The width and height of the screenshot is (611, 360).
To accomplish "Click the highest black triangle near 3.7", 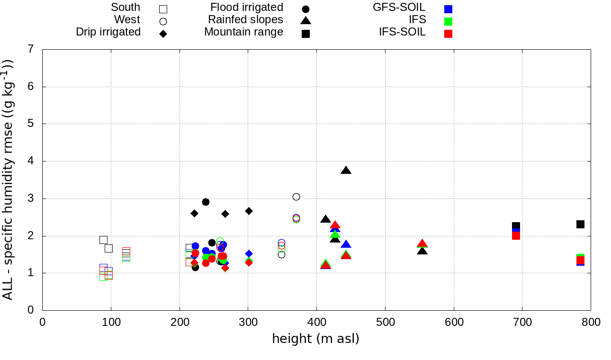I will point(346,171).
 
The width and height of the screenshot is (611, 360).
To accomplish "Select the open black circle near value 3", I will point(296,197).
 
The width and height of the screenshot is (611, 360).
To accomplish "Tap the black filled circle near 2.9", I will point(206,202).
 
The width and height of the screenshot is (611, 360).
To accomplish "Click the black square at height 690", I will point(516,226).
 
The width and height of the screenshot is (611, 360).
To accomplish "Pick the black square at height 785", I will point(580,224).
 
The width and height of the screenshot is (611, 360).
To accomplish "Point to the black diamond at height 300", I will point(249,211).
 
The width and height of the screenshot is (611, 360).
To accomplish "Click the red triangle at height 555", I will point(422,244).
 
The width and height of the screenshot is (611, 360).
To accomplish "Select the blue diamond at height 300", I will point(249,254).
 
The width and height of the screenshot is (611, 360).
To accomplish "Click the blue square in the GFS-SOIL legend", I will point(448,9).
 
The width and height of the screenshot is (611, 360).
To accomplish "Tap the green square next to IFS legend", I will point(448,21).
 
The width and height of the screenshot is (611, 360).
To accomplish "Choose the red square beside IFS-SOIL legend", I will point(448,34).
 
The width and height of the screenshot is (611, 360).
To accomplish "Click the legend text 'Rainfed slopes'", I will point(245,20).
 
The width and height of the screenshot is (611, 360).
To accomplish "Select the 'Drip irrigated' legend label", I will point(108,32).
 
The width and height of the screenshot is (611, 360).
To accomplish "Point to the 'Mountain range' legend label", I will point(243,32).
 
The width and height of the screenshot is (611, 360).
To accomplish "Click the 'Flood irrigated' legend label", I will point(247,8).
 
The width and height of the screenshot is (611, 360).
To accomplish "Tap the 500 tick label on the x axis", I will point(385,323).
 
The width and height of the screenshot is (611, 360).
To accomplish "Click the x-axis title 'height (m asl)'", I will point(315,339).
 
